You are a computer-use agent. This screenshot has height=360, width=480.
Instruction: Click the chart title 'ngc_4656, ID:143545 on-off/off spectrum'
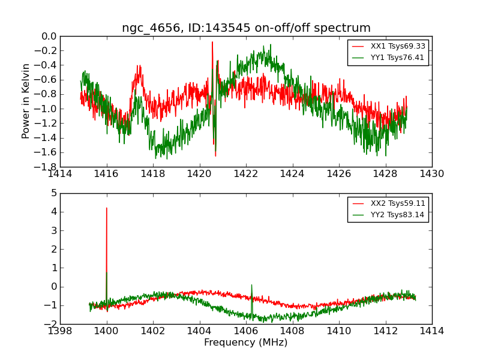(x=246, y=28)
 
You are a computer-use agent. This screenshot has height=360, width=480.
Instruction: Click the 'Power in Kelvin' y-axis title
(x=26, y=101)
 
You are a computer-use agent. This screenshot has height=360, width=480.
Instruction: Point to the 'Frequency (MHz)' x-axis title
(x=246, y=343)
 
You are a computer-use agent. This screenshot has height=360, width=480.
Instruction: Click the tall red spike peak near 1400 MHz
(x=107, y=208)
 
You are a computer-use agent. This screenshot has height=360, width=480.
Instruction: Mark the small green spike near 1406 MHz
(x=251, y=285)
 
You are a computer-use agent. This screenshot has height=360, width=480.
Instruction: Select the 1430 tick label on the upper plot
(x=431, y=173)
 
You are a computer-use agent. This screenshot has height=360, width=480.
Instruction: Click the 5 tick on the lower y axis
(x=54, y=193)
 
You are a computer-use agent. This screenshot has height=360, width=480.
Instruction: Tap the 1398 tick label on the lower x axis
(x=60, y=331)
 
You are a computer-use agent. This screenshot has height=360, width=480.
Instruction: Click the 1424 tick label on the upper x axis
(x=292, y=173)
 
